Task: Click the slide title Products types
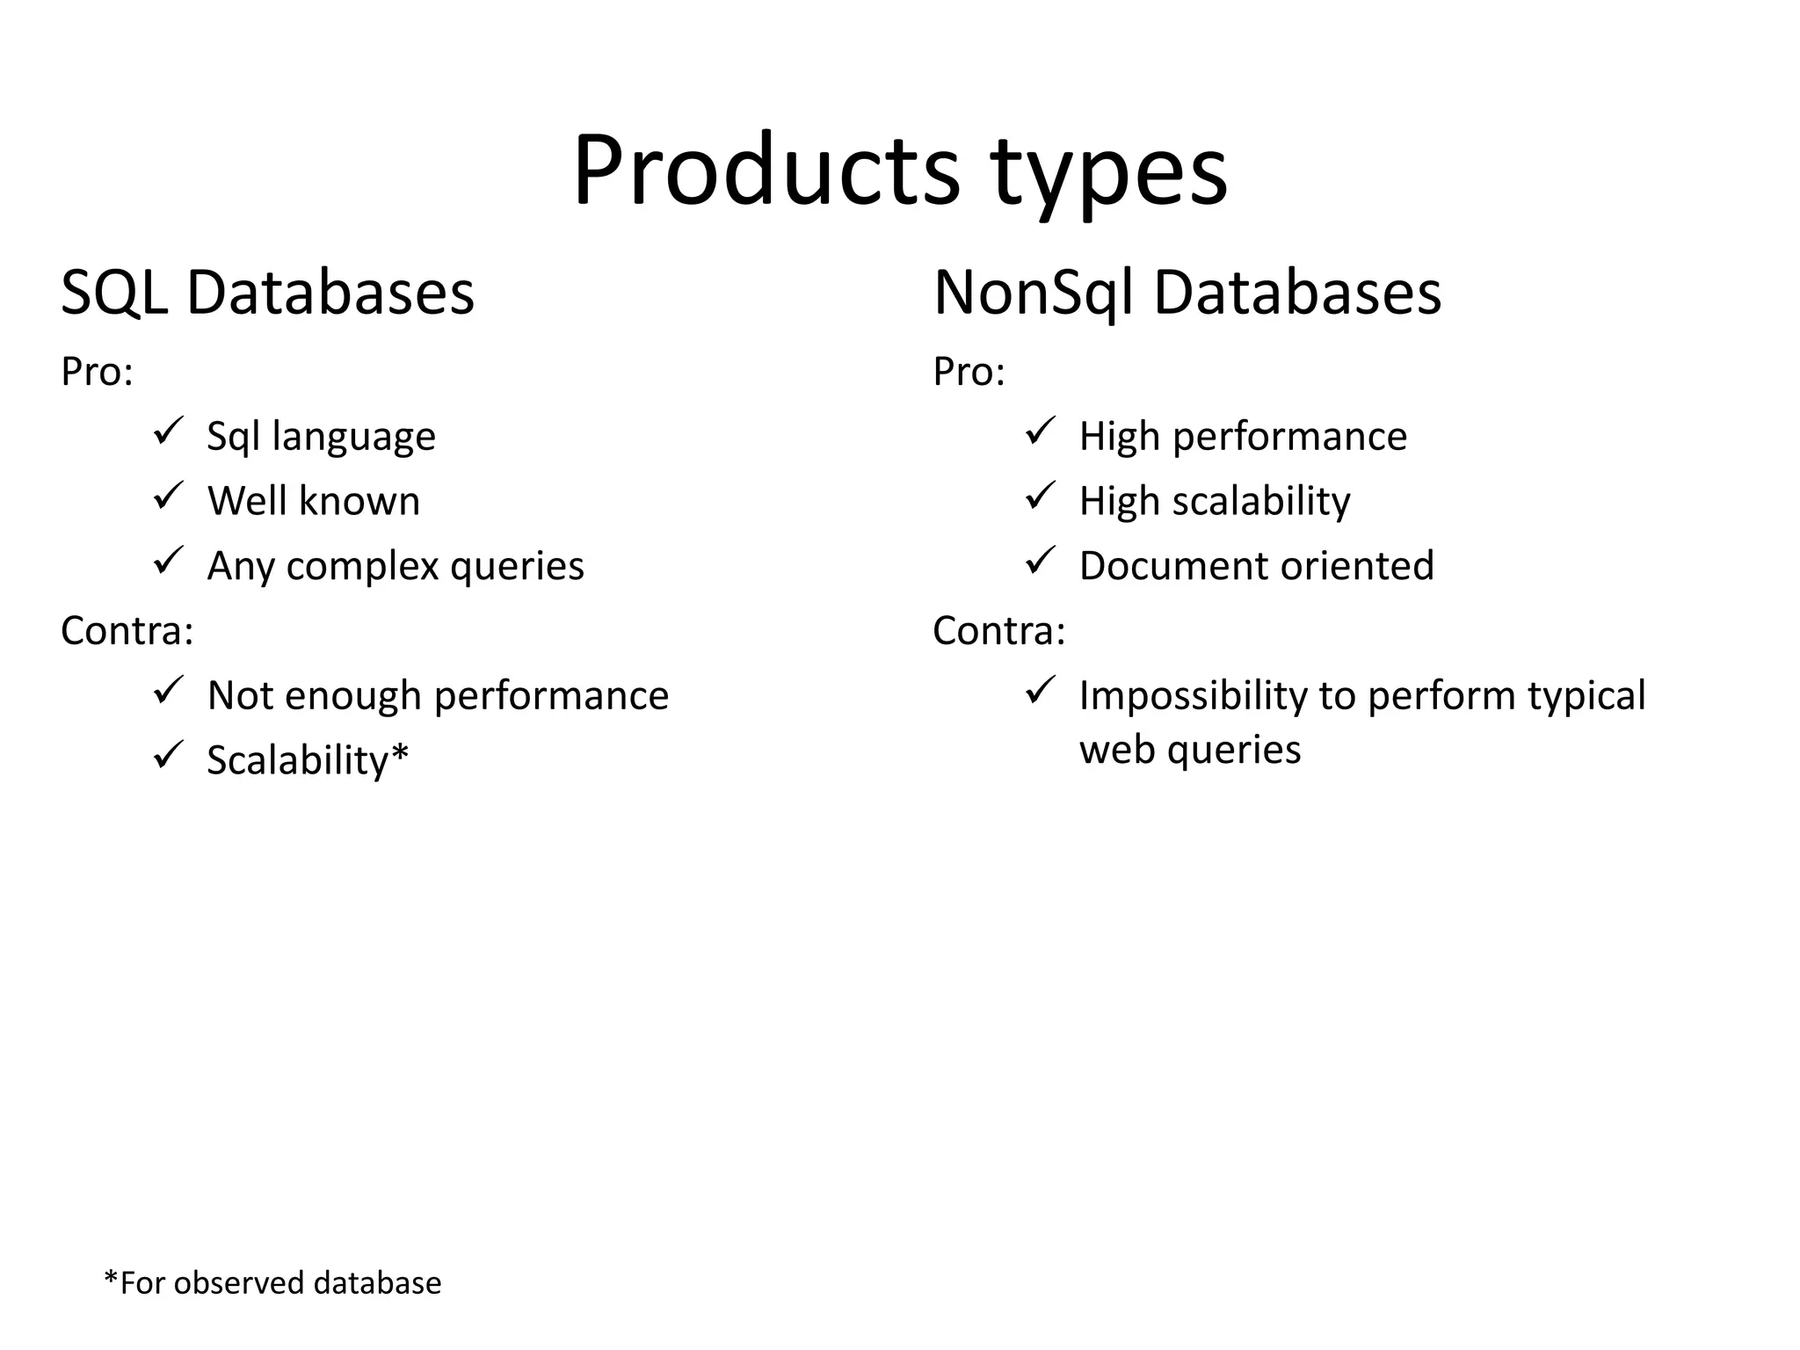(x=899, y=171)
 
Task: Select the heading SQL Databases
(x=267, y=293)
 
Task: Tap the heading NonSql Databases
(x=1187, y=293)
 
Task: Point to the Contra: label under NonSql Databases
(x=998, y=631)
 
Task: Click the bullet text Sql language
(x=321, y=437)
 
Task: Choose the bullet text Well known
(x=313, y=501)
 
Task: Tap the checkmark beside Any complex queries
(x=167, y=560)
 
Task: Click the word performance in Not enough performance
(x=551, y=696)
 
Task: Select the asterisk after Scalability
(x=400, y=753)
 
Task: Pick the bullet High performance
(x=1243, y=437)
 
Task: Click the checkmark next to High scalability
(x=1040, y=496)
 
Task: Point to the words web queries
(x=1189, y=750)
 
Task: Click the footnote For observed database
(x=272, y=1283)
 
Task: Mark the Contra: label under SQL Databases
(x=127, y=631)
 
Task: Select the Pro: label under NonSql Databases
(x=969, y=372)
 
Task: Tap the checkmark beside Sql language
(x=167, y=431)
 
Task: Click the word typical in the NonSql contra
(x=1586, y=696)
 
